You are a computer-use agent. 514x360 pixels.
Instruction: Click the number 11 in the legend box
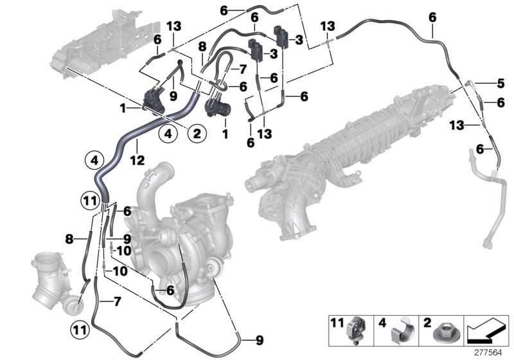coord(337,320)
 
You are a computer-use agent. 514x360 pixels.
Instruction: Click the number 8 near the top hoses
coord(202,46)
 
